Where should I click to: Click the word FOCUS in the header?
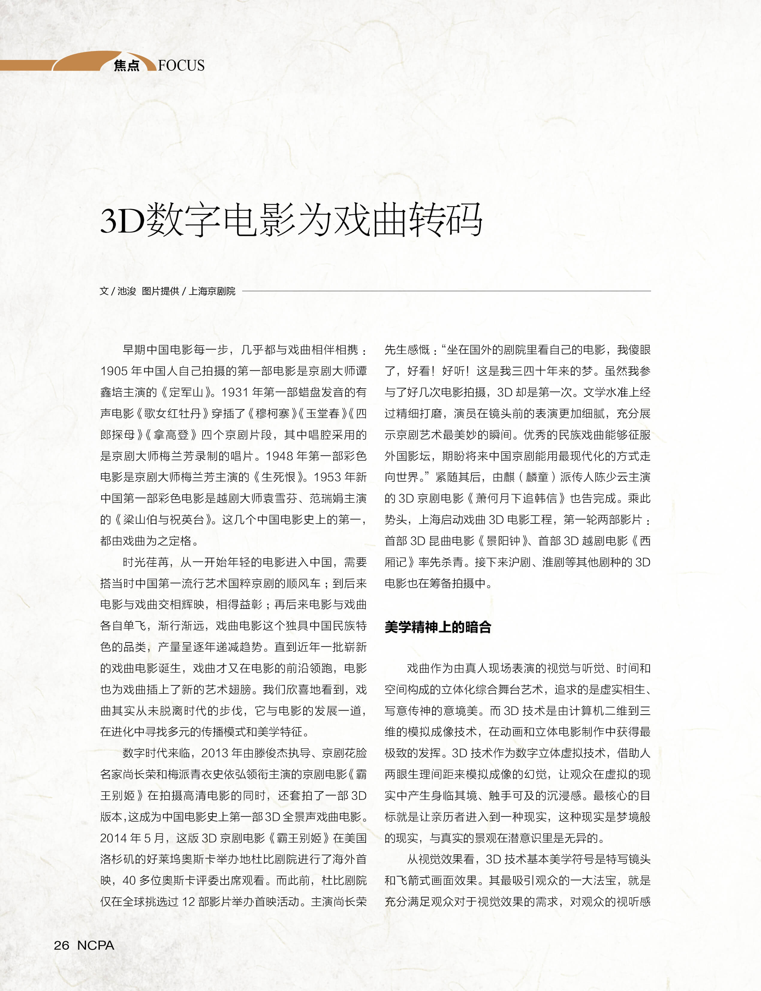coord(181,66)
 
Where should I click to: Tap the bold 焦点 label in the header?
coord(126,66)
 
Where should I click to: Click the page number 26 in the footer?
coord(62,945)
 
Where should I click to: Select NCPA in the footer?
coord(96,945)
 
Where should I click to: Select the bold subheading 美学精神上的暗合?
coord(438,627)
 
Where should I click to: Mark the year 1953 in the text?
coord(328,477)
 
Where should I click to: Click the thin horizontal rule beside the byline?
coord(446,291)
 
